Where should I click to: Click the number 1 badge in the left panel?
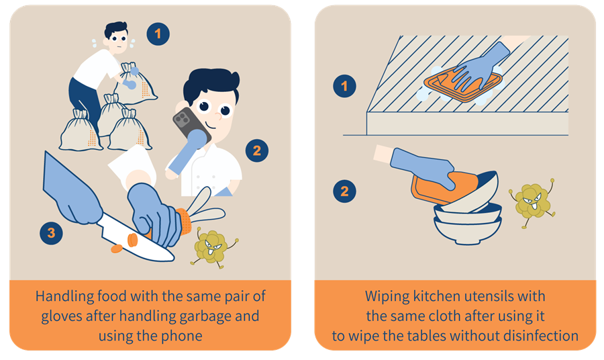tap(158, 34)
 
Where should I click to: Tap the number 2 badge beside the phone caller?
tap(257, 150)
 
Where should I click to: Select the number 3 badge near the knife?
tap(51, 233)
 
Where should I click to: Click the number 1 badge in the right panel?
tap(344, 85)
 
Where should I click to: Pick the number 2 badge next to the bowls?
tap(344, 191)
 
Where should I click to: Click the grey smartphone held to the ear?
tap(191, 126)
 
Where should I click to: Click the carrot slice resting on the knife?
tap(132, 240)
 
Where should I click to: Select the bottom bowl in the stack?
tap(468, 230)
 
